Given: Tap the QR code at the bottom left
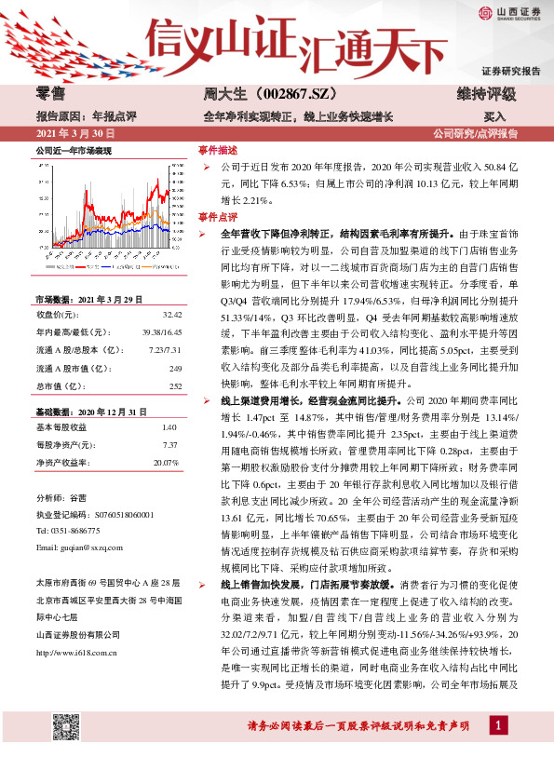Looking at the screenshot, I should coord(64,751).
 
